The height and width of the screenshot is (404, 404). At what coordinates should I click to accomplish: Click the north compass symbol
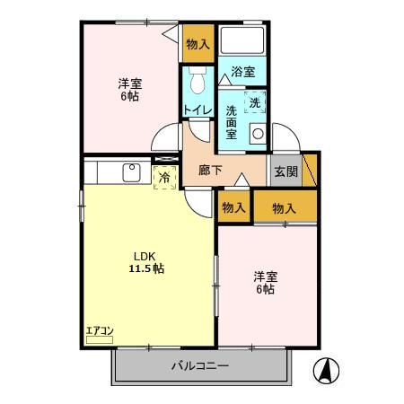pos(324,368)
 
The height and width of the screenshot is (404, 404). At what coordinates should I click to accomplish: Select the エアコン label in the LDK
pos(99,331)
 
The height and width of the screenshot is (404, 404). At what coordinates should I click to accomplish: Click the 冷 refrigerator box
pos(164,177)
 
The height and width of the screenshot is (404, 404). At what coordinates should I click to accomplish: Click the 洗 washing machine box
pos(255,101)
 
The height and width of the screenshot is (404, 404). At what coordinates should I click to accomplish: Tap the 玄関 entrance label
pos(285,171)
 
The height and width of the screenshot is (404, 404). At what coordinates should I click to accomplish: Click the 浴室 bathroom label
pos(242,72)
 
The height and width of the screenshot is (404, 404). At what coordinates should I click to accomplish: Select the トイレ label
pos(198,110)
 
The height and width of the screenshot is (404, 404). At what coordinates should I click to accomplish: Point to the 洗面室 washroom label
pos(231,123)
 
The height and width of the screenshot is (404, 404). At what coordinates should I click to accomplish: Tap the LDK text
pos(143,253)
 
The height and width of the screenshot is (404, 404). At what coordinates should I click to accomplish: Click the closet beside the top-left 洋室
pos(198,44)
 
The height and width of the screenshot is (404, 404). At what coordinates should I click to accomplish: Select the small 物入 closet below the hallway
pos(233,207)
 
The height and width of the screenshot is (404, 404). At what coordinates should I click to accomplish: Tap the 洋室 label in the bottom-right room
pos(264,276)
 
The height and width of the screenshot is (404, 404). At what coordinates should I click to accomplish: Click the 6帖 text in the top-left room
pos(129,97)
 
